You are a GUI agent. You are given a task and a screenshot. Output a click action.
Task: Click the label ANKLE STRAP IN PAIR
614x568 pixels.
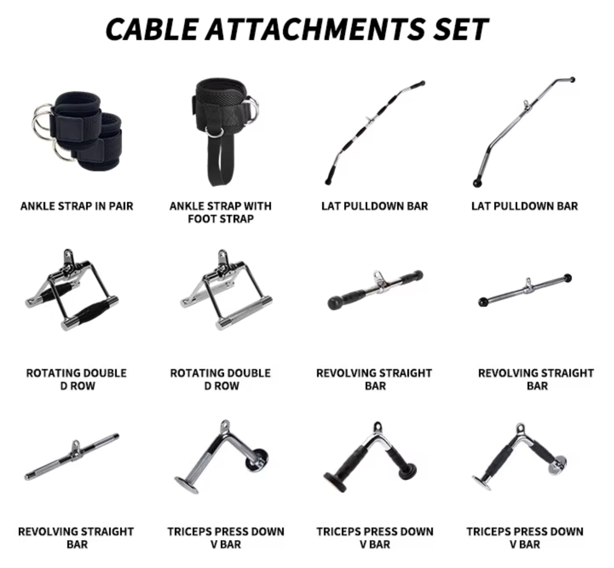tap(77, 206)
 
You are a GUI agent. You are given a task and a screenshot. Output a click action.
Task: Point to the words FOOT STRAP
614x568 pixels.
tap(221, 219)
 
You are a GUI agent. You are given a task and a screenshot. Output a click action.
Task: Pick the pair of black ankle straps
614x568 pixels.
tap(77, 131)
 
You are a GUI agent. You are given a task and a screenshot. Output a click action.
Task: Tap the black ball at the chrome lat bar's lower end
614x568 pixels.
tap(477, 183)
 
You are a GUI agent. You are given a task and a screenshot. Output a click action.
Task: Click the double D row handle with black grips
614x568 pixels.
tap(72, 291)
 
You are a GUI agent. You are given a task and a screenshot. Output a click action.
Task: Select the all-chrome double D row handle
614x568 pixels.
tap(227, 291)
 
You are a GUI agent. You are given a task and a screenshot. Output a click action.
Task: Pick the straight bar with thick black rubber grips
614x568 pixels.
tap(375, 290)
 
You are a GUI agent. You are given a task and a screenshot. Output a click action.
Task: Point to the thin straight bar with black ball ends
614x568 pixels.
tap(525, 291)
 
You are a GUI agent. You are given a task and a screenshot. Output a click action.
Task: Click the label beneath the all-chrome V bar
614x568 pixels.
tap(226, 538)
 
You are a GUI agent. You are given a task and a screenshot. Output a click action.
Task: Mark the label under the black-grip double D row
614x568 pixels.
tap(77, 379)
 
